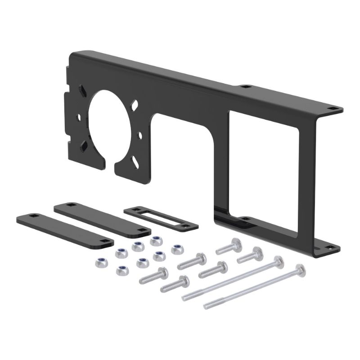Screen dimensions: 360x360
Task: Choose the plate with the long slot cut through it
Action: pyautogui.click(x=160, y=218)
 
